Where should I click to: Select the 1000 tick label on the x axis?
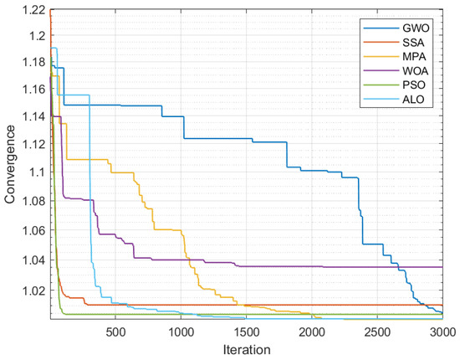[181, 331]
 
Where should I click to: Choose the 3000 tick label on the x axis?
[442, 331]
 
